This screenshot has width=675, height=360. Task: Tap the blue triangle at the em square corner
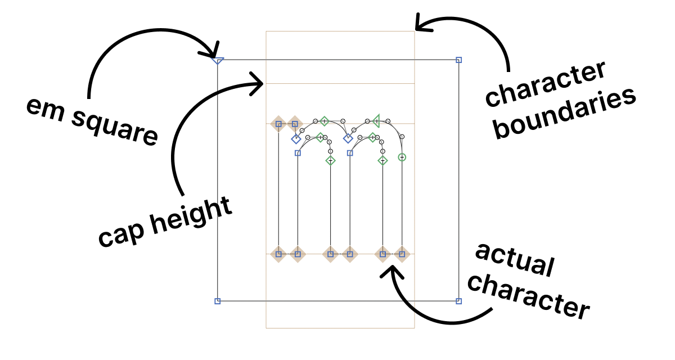point(218,60)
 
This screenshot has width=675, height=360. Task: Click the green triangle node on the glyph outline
point(376,119)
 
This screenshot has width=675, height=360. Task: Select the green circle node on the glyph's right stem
point(402,157)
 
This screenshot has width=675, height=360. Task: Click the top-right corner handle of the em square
point(458,60)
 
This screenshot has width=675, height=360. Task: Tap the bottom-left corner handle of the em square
point(218,301)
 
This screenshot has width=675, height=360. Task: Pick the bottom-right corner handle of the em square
point(458,301)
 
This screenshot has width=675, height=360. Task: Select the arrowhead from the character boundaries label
point(420,25)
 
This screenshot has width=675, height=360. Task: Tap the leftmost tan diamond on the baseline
point(278,254)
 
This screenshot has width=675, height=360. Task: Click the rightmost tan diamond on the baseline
point(402,254)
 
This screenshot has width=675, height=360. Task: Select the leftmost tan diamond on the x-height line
point(278,124)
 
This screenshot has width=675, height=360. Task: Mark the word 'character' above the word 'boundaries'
point(546,84)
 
